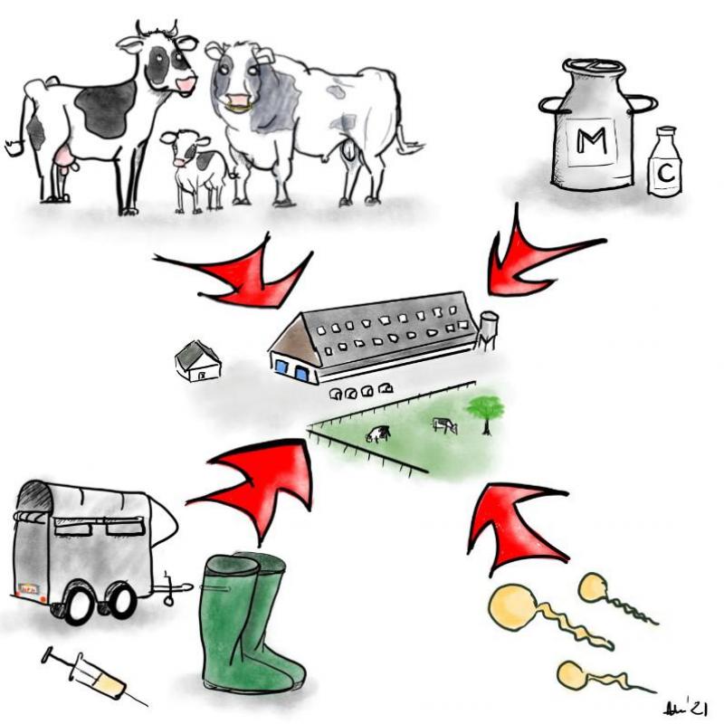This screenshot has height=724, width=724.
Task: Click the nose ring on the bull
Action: tap(237, 107)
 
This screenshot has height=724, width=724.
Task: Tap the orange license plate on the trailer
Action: tap(30, 587)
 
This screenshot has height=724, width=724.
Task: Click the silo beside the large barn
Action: tap(488, 329)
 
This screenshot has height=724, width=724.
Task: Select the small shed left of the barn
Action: tap(197, 361)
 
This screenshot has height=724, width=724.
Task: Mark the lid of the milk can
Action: tap(594, 68)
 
